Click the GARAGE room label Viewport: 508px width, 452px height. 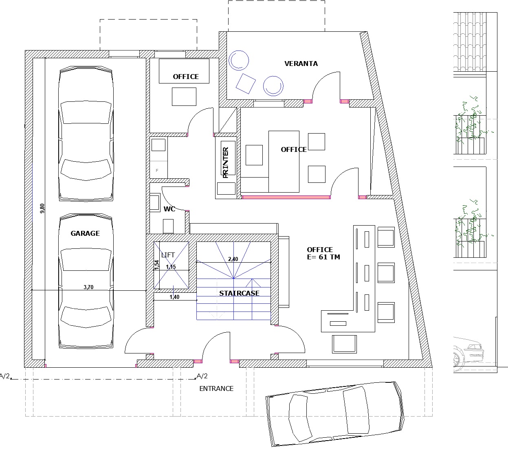click(85, 233)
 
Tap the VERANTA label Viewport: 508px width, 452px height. click(301, 64)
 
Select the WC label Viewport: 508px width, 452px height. click(169, 209)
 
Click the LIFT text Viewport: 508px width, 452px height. click(168, 255)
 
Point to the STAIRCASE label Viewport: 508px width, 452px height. click(239, 293)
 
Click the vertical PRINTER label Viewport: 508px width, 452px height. click(226, 162)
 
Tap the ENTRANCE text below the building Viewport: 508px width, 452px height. click(216, 388)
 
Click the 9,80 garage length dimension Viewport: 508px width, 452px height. click(42, 208)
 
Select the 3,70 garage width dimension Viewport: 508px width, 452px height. click(88, 287)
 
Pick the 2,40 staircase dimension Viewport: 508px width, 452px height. click(233, 259)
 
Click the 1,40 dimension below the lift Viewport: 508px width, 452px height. click(174, 297)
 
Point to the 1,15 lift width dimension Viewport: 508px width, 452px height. click(171, 267)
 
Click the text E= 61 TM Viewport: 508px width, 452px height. click(323, 257)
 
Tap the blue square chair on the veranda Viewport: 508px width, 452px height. click(246, 84)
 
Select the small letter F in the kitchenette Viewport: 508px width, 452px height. click(157, 171)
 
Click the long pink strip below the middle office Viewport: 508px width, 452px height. click(286, 197)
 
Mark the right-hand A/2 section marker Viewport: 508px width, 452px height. click(202, 376)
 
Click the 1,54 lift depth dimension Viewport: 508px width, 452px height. click(157, 265)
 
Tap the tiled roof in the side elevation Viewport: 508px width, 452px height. click(470, 42)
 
